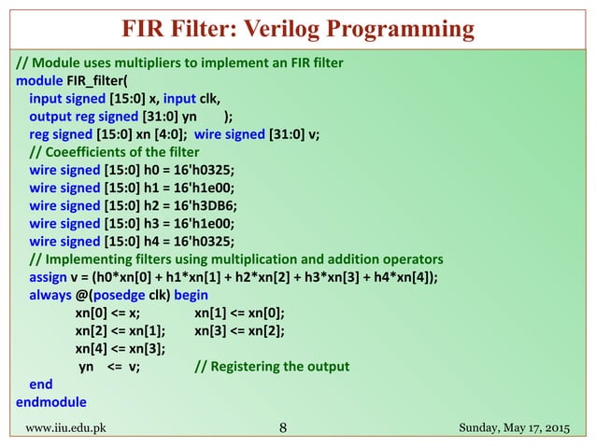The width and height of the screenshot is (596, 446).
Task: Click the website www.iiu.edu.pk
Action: pos(64,428)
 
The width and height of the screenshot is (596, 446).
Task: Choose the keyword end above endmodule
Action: pos(41,383)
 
